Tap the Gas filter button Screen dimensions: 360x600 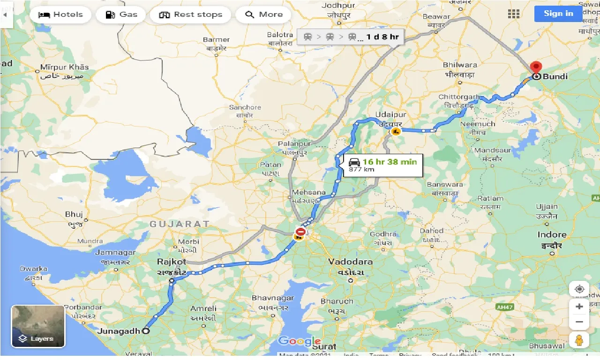click(121, 15)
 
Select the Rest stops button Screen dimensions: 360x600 click(190, 15)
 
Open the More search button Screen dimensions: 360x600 click(263, 15)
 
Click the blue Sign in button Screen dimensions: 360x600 click(558, 13)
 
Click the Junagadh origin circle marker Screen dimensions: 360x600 click(146, 331)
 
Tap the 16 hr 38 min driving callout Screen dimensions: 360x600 click(383, 165)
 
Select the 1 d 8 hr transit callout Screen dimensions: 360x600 click(351, 37)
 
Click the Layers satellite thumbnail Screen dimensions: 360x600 click(38, 326)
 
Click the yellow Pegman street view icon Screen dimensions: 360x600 click(579, 340)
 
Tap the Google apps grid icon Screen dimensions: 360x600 click(514, 14)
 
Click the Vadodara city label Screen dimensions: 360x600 click(350, 262)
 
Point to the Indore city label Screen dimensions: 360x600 click(552, 235)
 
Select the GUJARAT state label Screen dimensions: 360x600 click(179, 224)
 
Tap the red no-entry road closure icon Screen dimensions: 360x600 click(300, 232)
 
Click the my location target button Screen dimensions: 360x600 click(579, 289)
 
